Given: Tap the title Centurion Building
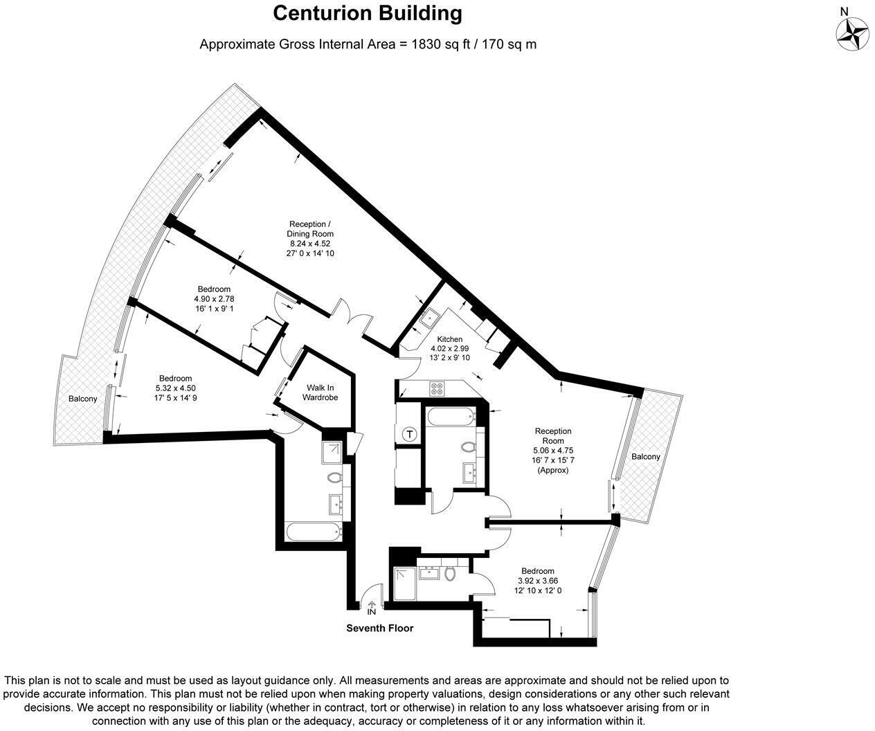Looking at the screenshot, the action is coord(368,13).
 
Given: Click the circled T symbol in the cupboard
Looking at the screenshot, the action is coord(409,434).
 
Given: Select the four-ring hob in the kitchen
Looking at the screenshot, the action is coord(437,388).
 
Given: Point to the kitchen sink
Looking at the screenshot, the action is coord(429,318).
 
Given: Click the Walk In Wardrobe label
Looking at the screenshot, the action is coord(320,392).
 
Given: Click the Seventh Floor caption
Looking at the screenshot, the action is coord(379,628).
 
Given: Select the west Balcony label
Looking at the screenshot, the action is coord(83,399).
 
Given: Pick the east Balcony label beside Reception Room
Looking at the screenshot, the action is coord(646,456).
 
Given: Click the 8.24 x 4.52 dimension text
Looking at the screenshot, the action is coord(310,244).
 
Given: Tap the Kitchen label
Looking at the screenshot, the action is coord(450,339).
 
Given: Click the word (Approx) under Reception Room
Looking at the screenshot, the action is coord(553,470).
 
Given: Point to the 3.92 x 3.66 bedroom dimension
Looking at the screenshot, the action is coord(538,581).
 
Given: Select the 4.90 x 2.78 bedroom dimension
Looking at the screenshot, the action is coord(214,299).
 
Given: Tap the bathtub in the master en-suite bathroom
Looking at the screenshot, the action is coord(314,532).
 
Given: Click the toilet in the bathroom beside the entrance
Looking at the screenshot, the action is coord(450,574).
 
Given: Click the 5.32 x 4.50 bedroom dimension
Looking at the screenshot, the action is coord(176,388).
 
